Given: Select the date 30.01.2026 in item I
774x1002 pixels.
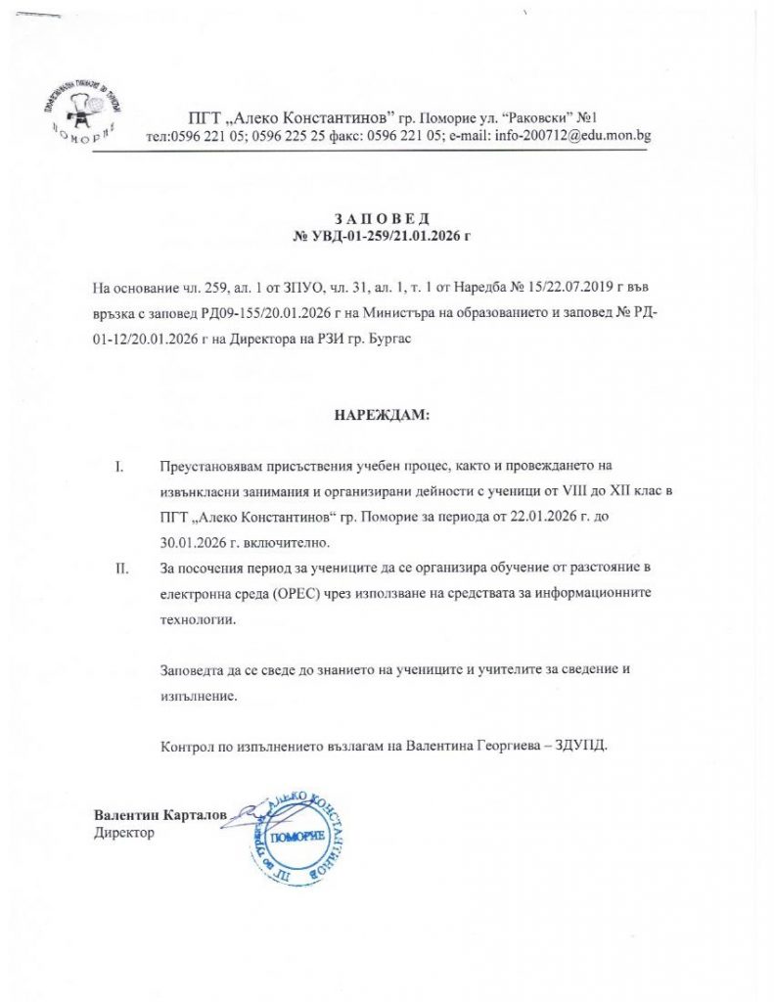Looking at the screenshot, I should coord(195,542).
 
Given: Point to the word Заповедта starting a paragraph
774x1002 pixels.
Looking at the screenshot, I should coord(194,670).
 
